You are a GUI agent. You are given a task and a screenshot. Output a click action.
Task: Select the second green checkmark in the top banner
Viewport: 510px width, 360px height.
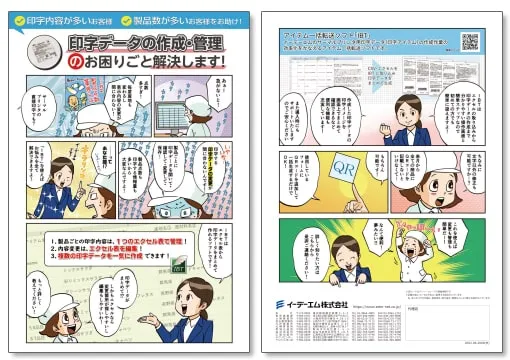click(x=125, y=19)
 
